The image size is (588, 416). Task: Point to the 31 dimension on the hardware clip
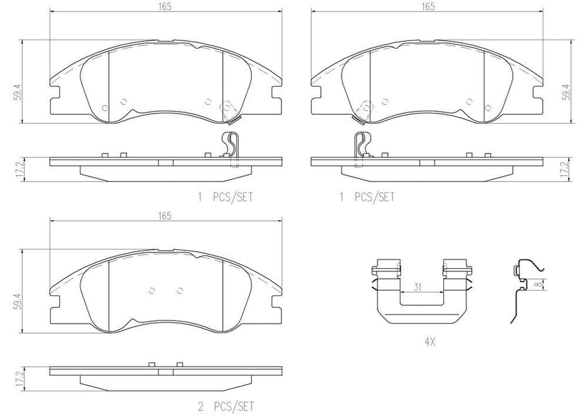click(x=418, y=286)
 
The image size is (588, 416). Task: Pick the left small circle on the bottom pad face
click(x=152, y=290)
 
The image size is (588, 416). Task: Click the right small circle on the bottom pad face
click(x=179, y=290)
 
